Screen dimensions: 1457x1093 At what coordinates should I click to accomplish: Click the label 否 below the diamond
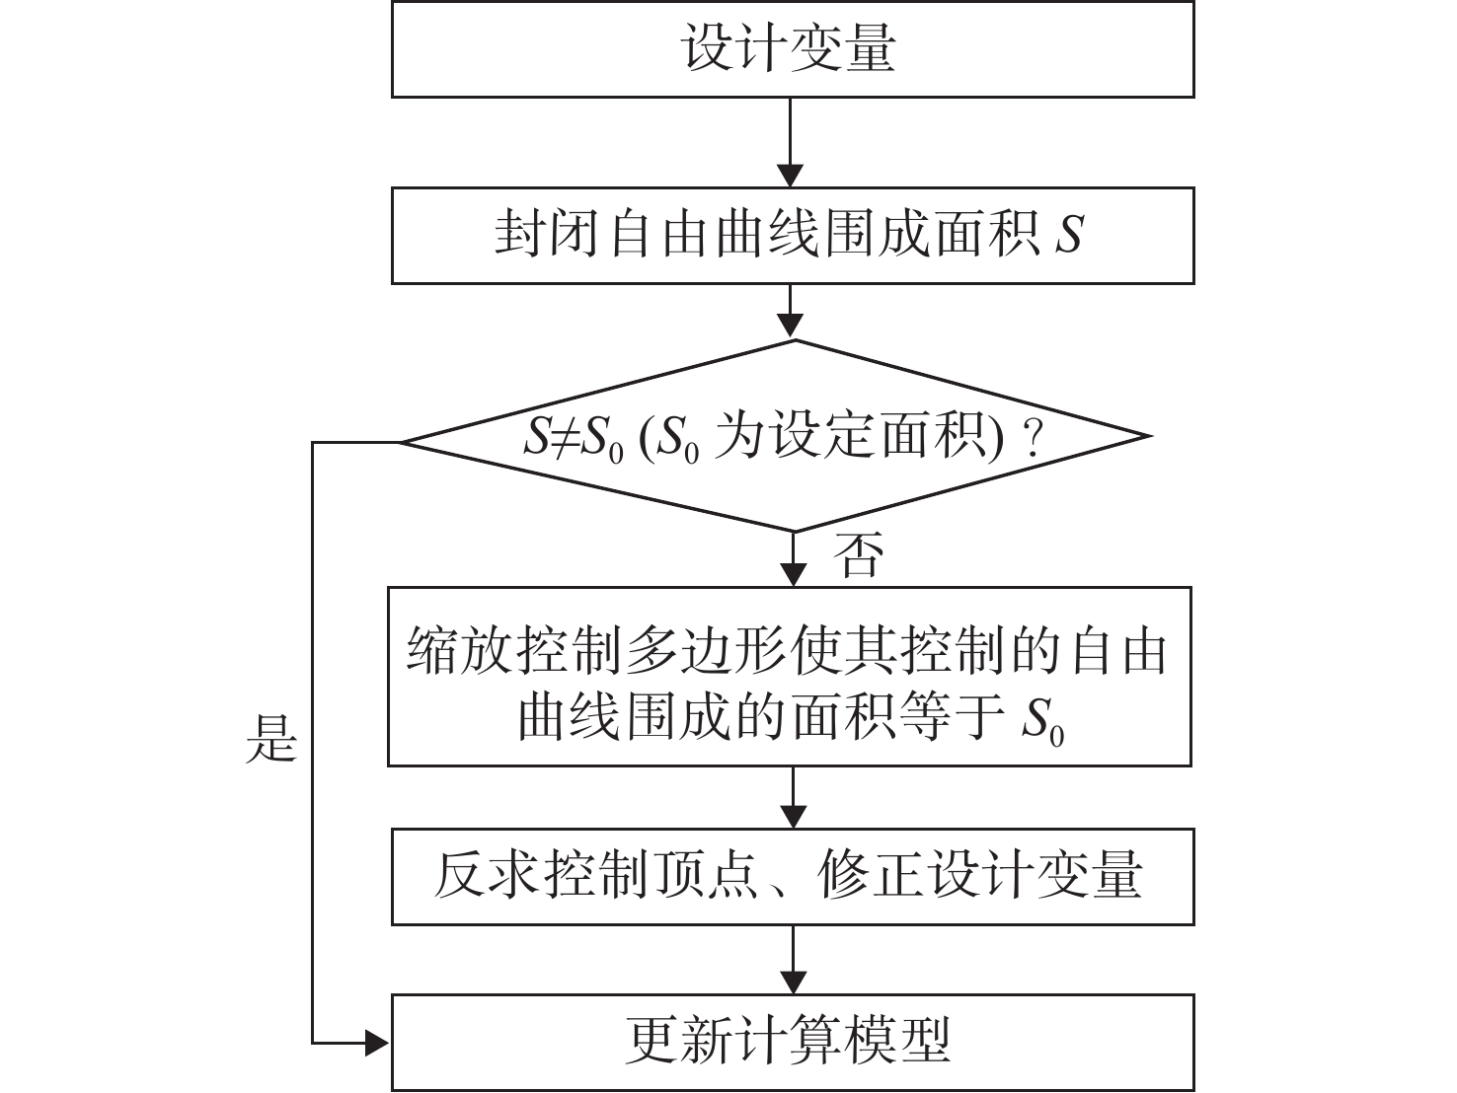[x=859, y=554]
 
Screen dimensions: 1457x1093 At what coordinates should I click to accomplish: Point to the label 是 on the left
[x=270, y=739]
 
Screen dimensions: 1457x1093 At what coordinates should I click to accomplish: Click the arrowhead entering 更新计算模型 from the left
[x=376, y=1044]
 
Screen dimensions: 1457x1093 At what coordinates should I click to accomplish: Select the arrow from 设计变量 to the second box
[x=790, y=143]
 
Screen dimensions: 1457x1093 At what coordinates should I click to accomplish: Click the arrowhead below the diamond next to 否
[x=794, y=574]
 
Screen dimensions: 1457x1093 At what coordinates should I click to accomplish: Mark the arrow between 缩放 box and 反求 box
[x=794, y=797]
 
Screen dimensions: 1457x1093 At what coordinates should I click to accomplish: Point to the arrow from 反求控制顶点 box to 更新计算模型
[x=794, y=960]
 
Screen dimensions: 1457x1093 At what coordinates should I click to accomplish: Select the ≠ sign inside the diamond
[x=566, y=438]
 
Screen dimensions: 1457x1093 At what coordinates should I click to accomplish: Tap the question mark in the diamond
[x=1033, y=438]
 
